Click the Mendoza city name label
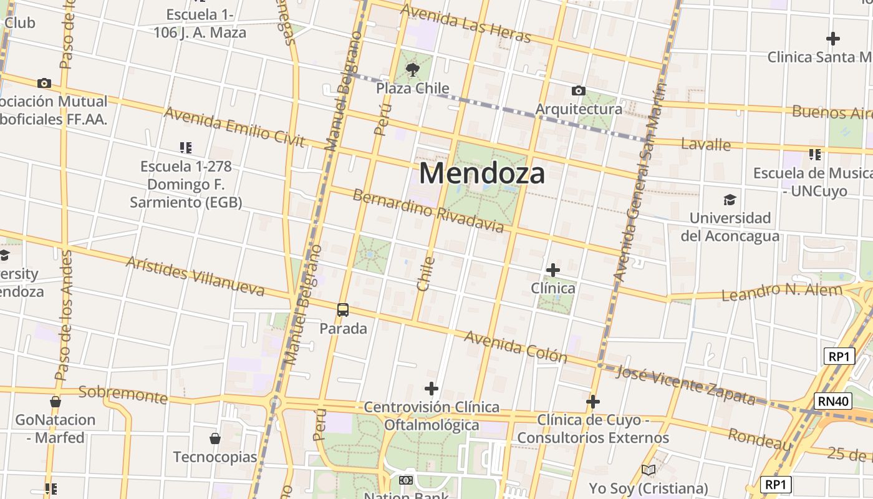(x=481, y=173)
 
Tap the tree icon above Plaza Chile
(x=412, y=69)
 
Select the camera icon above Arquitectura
(x=578, y=91)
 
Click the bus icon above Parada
(x=343, y=309)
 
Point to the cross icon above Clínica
(x=552, y=270)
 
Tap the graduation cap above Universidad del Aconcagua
(x=730, y=200)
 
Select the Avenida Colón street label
(x=516, y=347)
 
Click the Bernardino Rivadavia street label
(x=428, y=210)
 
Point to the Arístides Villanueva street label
(x=195, y=275)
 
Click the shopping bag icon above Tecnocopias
(x=215, y=438)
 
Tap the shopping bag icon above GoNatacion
(x=55, y=402)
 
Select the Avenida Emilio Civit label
(x=234, y=127)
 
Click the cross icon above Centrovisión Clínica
(x=431, y=389)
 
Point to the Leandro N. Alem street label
(x=782, y=291)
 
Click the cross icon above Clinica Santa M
(x=832, y=39)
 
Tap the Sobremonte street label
(x=123, y=394)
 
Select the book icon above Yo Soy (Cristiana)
(x=649, y=470)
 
